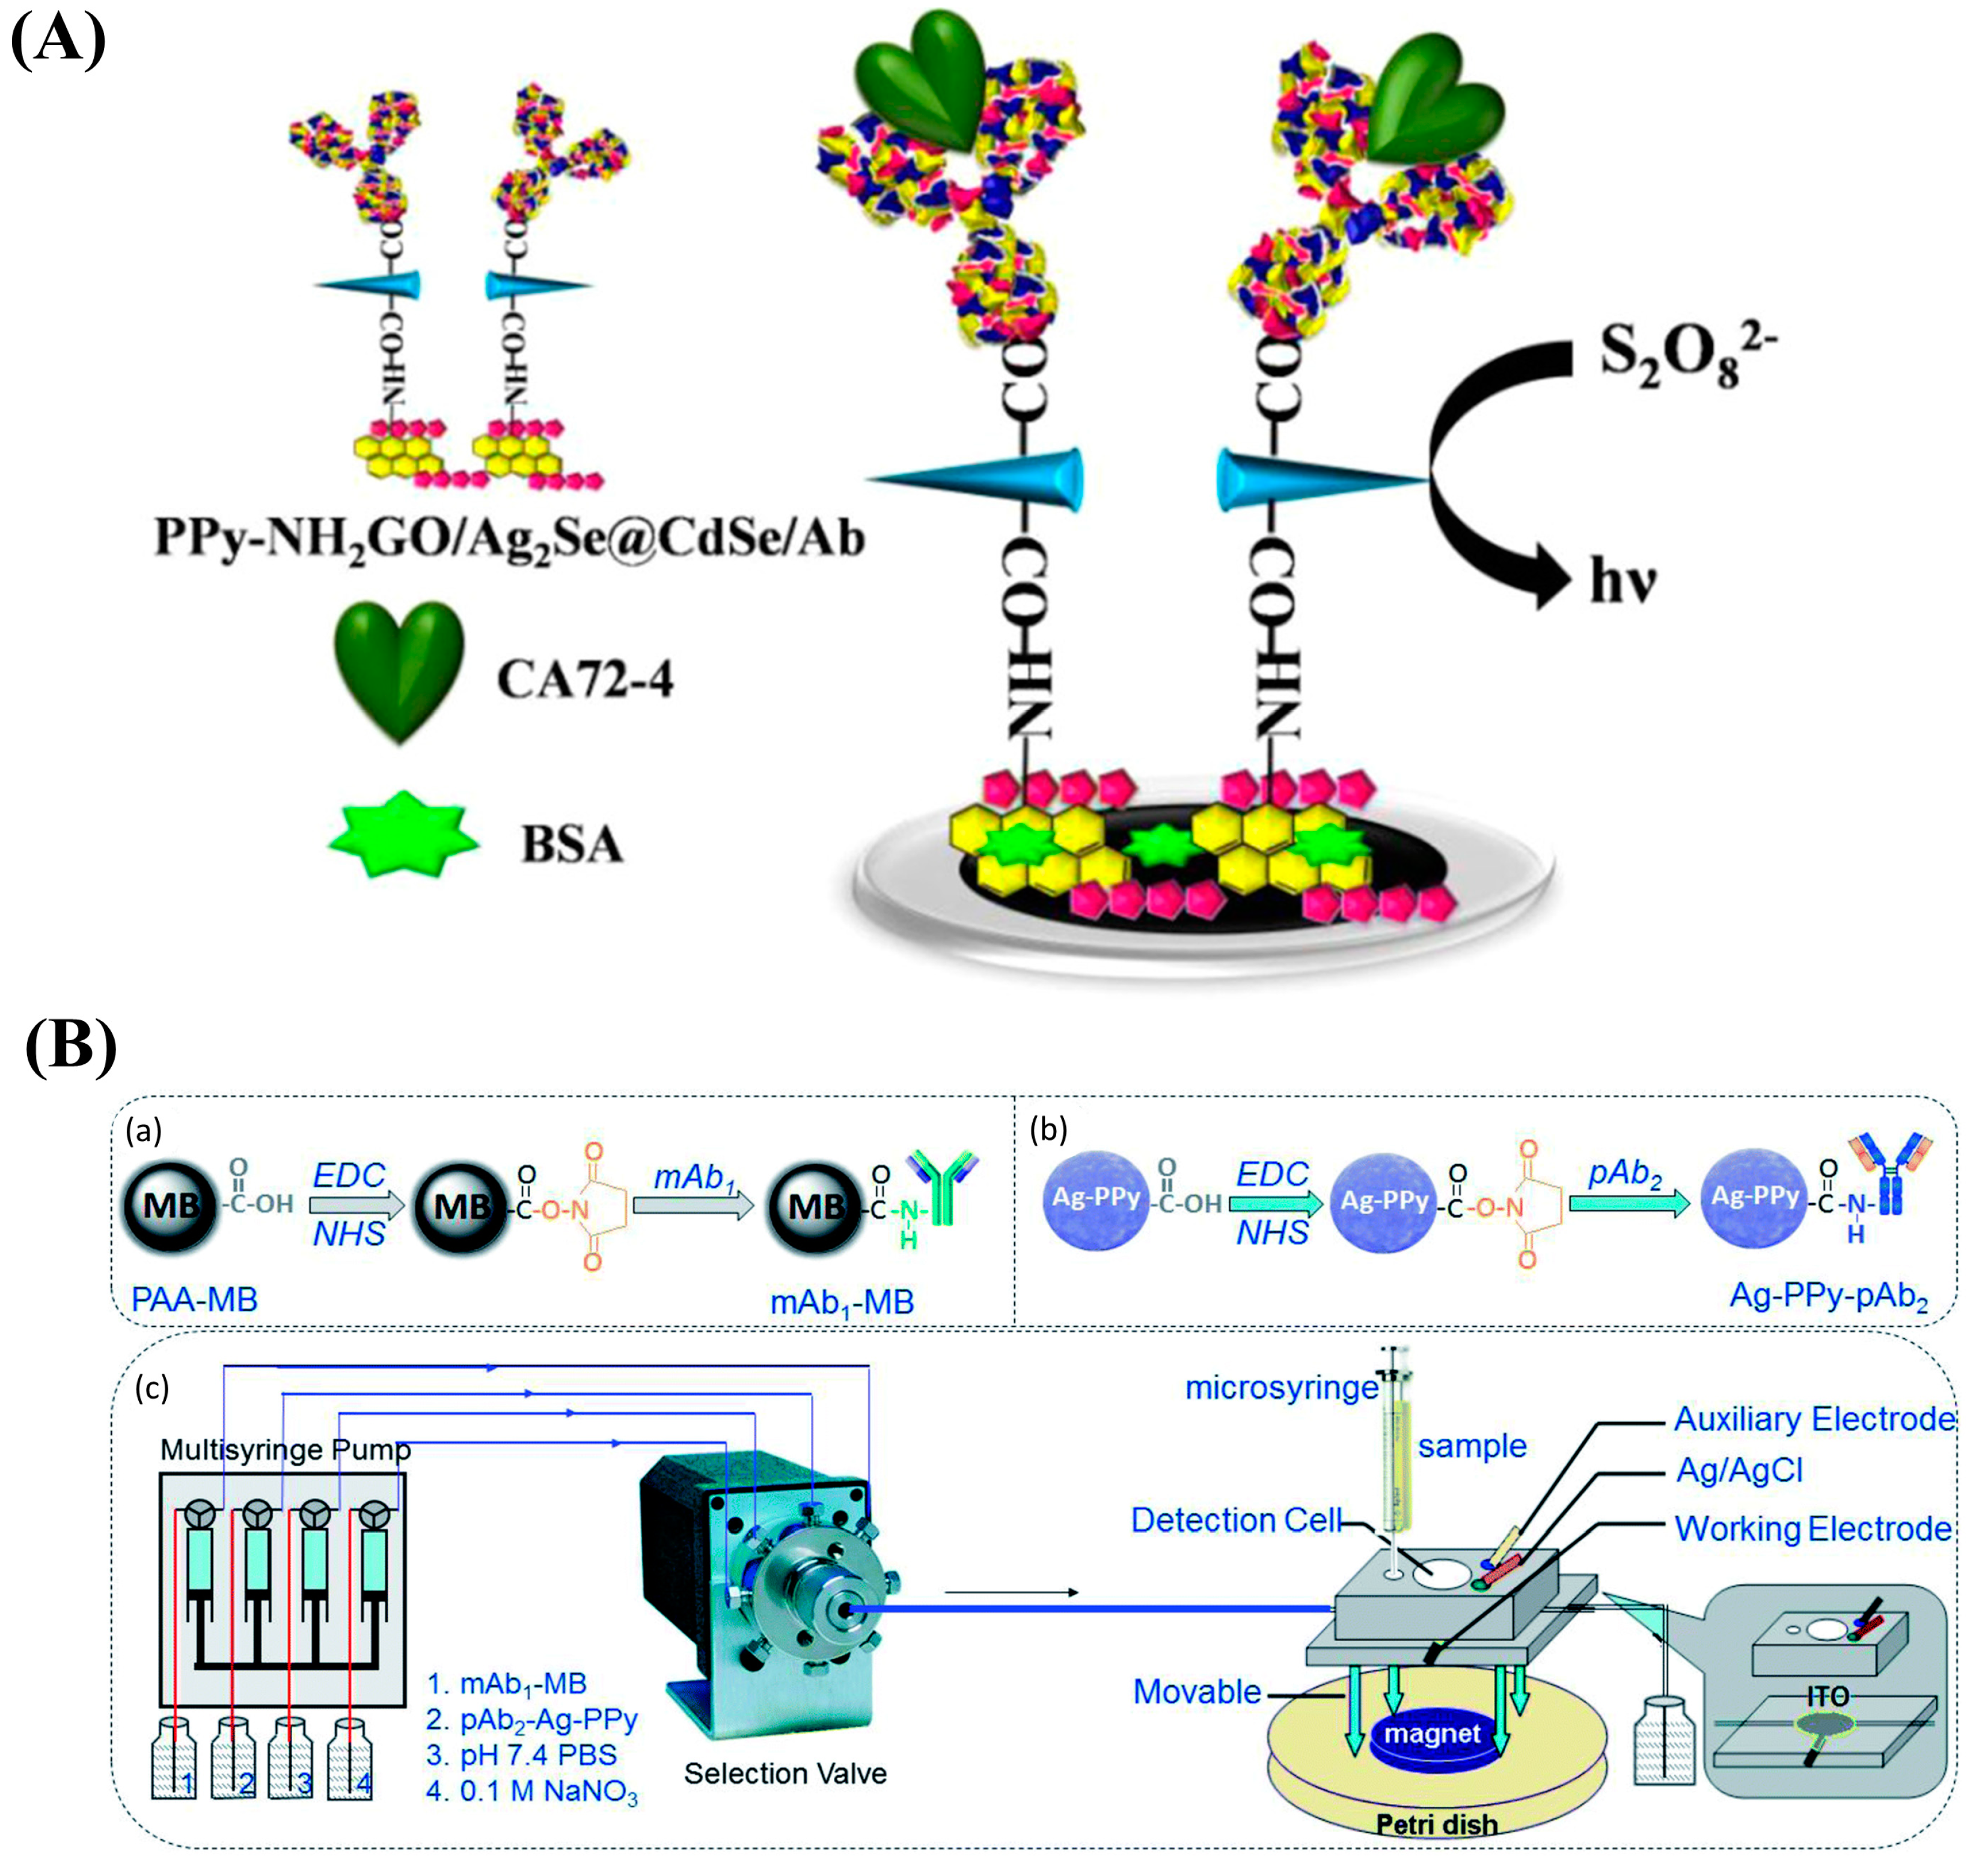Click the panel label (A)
coord(58,42)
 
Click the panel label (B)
coord(70,1047)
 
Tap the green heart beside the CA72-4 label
coord(399,670)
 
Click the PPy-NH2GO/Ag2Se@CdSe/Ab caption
coord(509,538)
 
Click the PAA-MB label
coord(194,1299)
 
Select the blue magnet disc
coord(1432,1734)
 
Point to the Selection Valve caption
coord(785,1773)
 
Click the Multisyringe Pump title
coord(285,1449)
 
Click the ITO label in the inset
coord(1828,1696)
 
